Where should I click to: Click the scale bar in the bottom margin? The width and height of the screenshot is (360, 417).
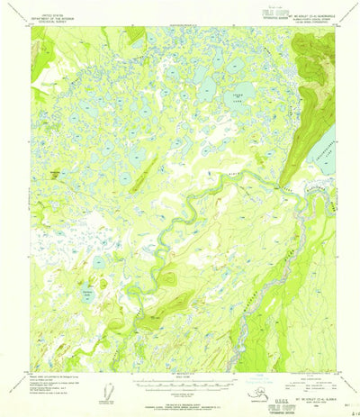click(x=180, y=383)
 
